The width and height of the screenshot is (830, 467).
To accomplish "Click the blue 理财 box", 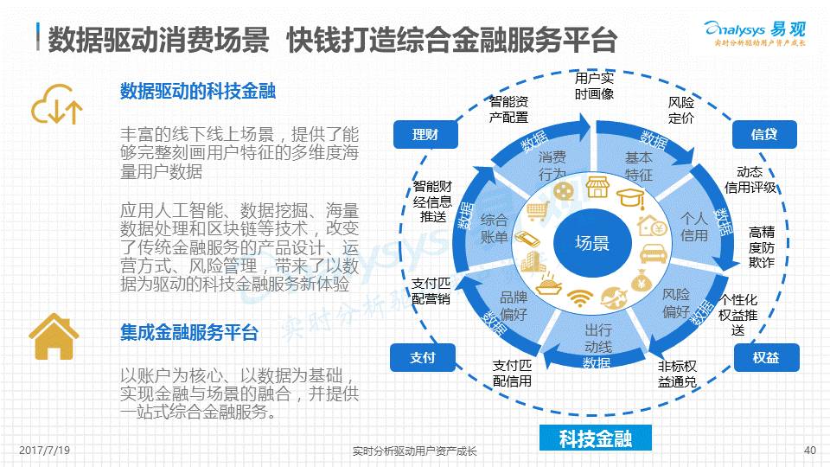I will pyautogui.click(x=425, y=134).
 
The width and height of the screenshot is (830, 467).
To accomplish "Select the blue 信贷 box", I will pyautogui.click(x=763, y=134).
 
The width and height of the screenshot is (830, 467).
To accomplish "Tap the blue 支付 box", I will pyautogui.click(x=423, y=357).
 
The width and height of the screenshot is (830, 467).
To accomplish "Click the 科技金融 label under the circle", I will pyautogui.click(x=595, y=438).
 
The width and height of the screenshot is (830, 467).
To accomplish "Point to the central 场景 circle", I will pyautogui.click(x=594, y=243).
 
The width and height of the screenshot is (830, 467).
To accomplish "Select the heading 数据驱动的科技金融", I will pyautogui.click(x=198, y=92).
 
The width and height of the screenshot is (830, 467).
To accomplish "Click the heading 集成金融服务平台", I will pyautogui.click(x=189, y=333).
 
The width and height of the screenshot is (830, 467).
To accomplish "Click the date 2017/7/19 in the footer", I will pyautogui.click(x=44, y=451).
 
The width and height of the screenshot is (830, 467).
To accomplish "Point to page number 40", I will pyautogui.click(x=810, y=451).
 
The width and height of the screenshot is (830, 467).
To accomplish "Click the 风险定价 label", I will pyautogui.click(x=681, y=111).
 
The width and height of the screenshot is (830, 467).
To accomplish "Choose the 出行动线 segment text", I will pyautogui.click(x=597, y=338).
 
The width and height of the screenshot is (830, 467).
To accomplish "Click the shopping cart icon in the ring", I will pyautogui.click(x=538, y=210).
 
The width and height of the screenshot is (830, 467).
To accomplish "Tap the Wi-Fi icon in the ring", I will pyautogui.click(x=580, y=298).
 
